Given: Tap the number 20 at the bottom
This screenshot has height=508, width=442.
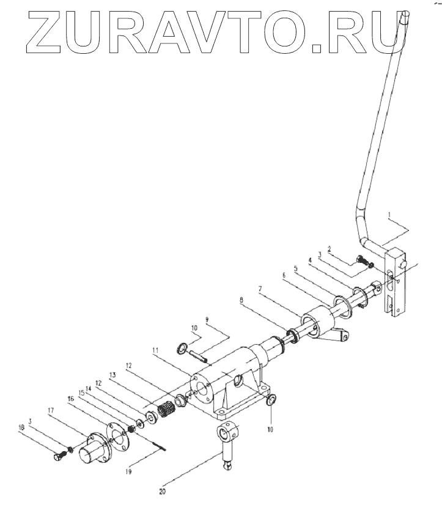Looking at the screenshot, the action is [161, 490].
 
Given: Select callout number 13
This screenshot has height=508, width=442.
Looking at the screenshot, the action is [112, 374].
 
